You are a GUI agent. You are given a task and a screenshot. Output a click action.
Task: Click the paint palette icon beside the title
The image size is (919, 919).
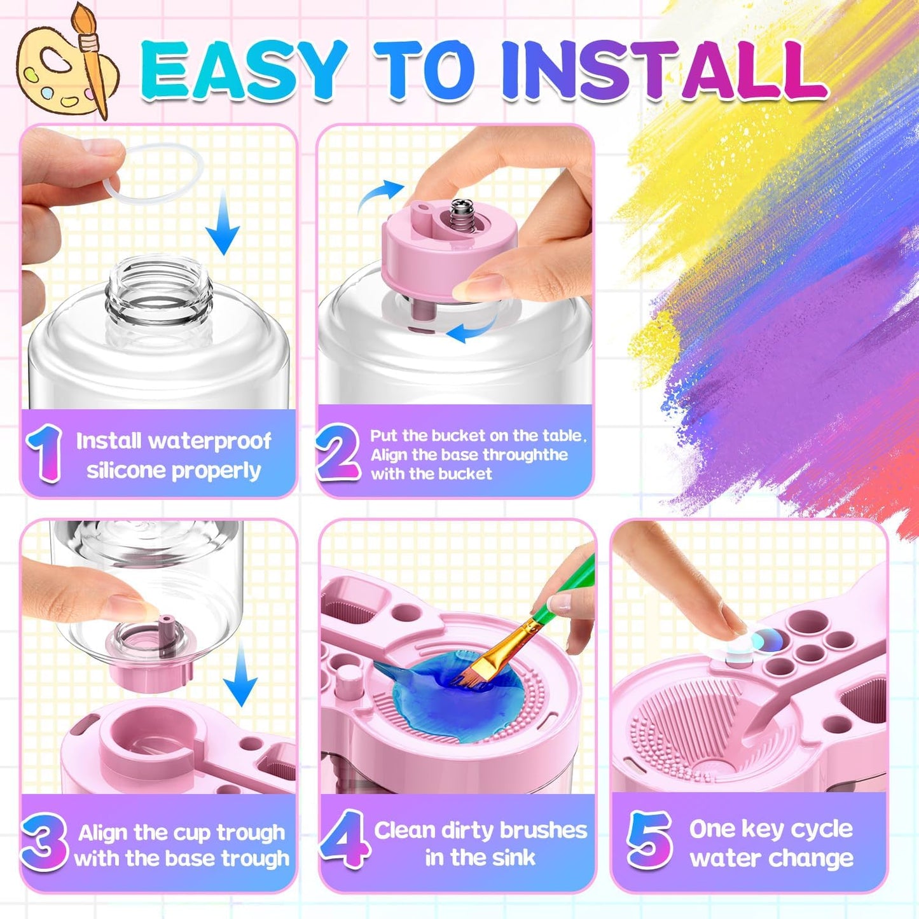(x=64, y=64)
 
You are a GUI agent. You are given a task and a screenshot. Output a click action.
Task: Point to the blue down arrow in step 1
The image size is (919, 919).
(x=223, y=226)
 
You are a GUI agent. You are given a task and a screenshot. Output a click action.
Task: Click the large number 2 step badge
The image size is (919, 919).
(x=338, y=453)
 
